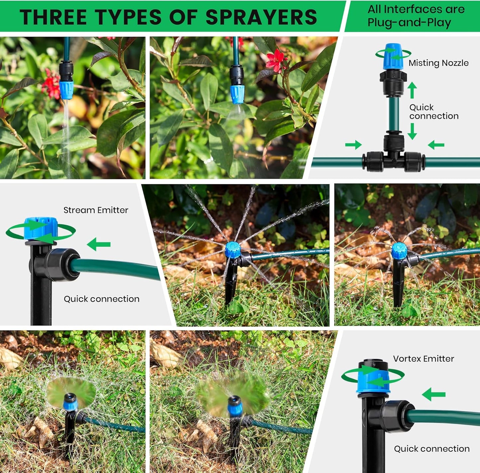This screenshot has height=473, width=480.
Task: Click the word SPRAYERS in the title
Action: tap(261, 17)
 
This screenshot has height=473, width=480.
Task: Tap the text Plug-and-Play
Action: tap(409, 23)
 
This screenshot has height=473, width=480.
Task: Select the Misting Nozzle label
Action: tap(438, 63)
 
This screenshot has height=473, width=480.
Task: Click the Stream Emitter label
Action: tap(96, 210)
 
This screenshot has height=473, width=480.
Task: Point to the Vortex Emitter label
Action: tap(423, 359)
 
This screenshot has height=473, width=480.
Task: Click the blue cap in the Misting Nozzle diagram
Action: tap(393, 56)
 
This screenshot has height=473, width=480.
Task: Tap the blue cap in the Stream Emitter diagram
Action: tap(41, 229)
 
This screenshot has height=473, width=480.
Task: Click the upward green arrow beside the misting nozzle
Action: tap(412, 90)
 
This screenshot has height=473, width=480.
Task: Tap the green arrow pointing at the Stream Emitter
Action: tap(99, 244)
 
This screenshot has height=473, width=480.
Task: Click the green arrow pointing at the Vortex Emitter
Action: tap(433, 394)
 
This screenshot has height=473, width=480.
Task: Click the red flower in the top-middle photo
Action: tap(275, 60)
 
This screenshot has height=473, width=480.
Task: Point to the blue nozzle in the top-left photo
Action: tap(66, 90)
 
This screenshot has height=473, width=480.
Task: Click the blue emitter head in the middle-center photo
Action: tap(233, 250)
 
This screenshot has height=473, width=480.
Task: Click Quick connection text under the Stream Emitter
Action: tap(101, 299)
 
